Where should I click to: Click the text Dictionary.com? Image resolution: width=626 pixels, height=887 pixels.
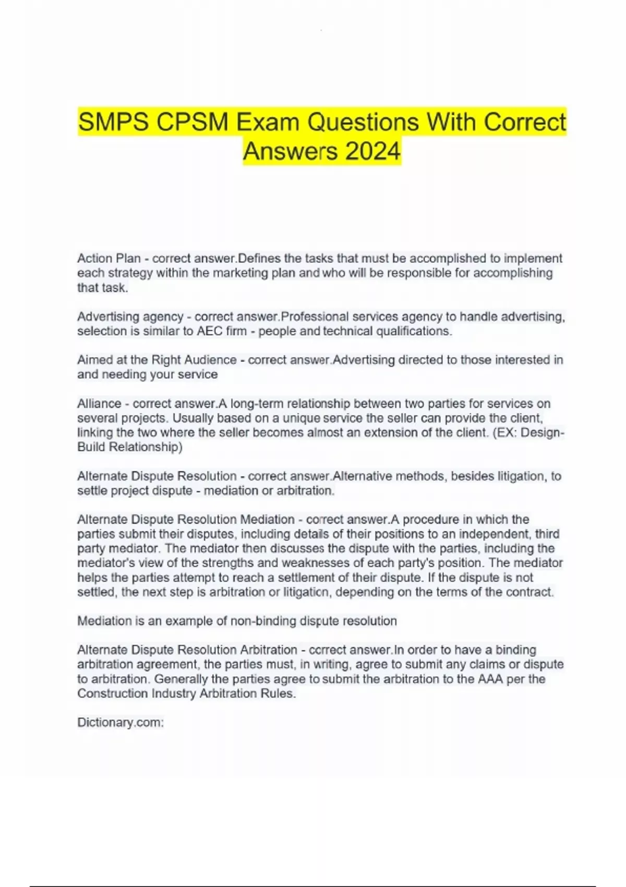[x=121, y=723]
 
